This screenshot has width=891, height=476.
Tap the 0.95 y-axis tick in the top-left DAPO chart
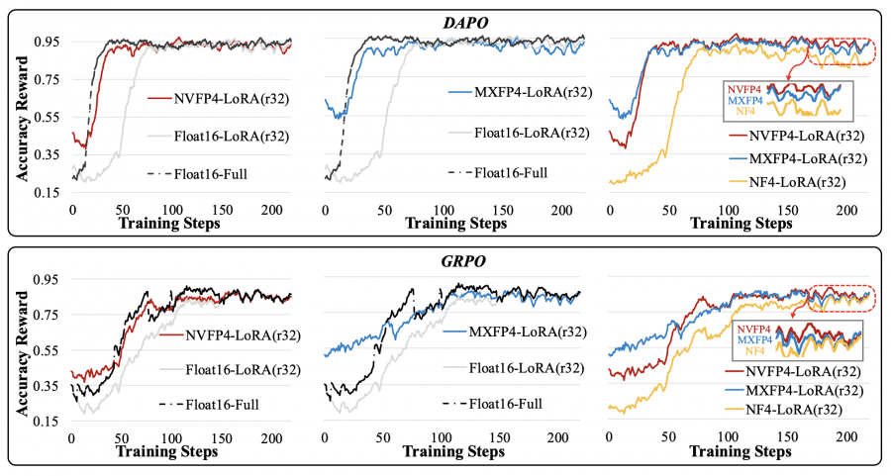pyautogui.click(x=49, y=43)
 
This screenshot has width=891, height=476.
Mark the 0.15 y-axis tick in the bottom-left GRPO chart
pyautogui.click(x=49, y=422)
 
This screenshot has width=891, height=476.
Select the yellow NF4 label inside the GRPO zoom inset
pyautogui.click(x=754, y=351)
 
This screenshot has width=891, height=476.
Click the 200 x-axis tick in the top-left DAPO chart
pyautogui.click(x=267, y=211)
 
